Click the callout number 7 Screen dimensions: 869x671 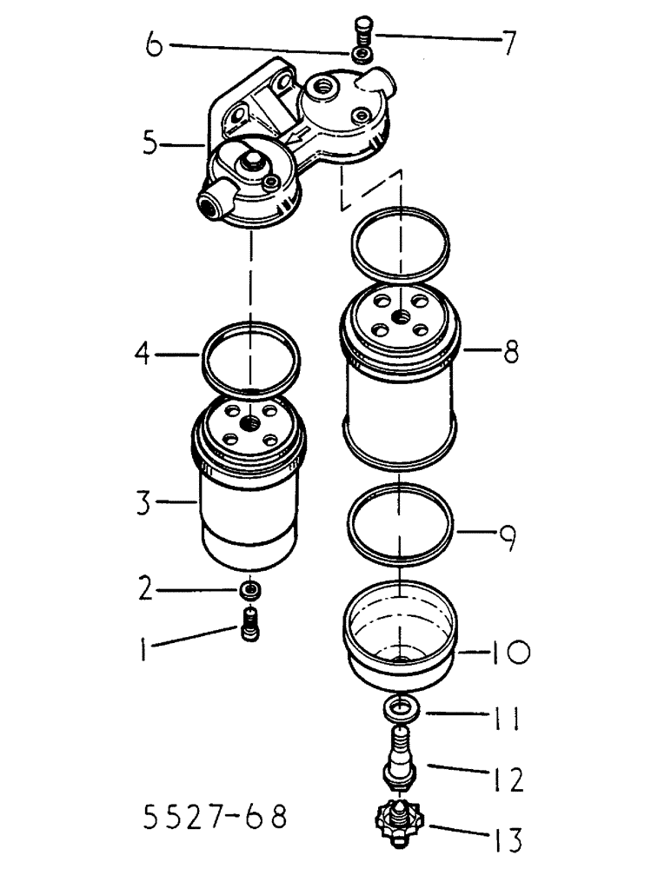506,40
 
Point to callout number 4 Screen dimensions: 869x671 147,354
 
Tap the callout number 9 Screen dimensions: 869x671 505,541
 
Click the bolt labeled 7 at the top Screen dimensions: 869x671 363,31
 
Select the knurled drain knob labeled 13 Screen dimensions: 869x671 395,819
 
